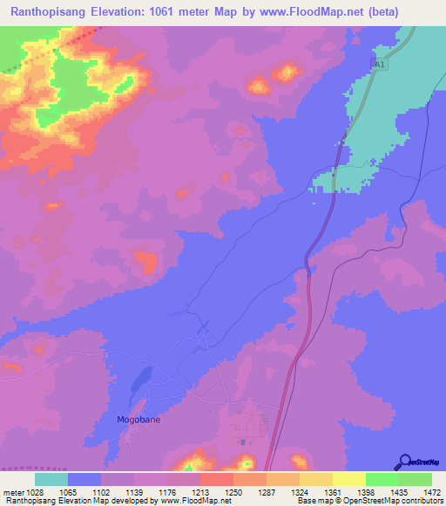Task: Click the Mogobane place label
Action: point(139,419)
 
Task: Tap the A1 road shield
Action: point(378,65)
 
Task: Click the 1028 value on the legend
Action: point(34,491)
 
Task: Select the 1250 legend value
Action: point(233,491)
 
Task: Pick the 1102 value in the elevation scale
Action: point(100,491)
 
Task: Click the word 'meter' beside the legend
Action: point(11,491)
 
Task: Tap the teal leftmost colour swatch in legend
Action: point(51,479)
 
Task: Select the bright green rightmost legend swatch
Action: point(415,479)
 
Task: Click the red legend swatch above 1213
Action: point(216,479)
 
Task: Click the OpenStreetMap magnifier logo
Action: point(404,463)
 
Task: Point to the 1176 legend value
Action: point(166,491)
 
